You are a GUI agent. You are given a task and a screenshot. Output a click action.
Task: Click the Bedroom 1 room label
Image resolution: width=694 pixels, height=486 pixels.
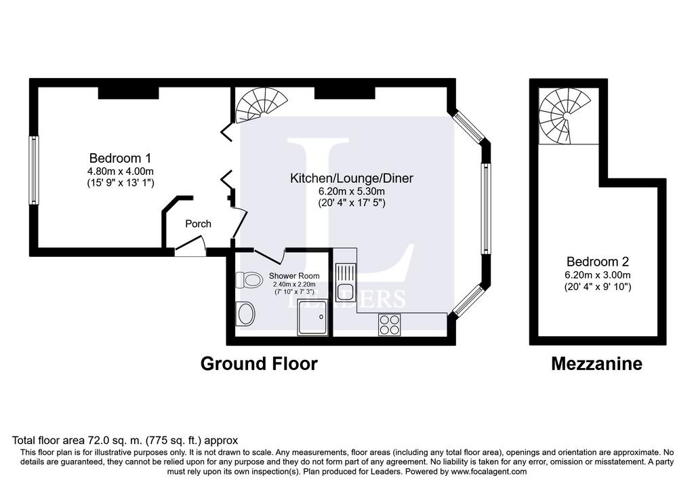pyautogui.click(x=120, y=158)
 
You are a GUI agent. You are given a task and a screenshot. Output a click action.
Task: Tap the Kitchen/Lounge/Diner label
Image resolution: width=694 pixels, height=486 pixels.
pyautogui.click(x=352, y=178)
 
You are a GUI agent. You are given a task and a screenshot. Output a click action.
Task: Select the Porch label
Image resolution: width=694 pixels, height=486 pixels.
pyautogui.click(x=198, y=224)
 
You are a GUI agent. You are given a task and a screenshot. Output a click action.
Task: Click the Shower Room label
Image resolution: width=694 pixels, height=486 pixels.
pyautogui.click(x=294, y=276)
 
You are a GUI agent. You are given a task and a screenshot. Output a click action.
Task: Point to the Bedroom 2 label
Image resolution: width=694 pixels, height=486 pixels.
pyautogui.click(x=598, y=262)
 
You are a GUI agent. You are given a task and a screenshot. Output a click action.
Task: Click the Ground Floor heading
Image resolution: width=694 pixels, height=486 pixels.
pyautogui.click(x=259, y=364)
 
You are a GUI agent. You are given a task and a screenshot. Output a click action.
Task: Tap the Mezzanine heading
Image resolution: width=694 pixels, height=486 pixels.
pyautogui.click(x=596, y=364)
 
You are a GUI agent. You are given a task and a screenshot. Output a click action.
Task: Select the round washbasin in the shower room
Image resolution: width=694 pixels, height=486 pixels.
pyautogui.click(x=246, y=315)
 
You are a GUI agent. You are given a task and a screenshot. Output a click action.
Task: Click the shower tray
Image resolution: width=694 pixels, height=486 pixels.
pyautogui.click(x=313, y=317)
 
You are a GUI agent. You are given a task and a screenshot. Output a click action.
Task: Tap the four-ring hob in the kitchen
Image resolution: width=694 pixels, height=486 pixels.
pyautogui.click(x=390, y=325)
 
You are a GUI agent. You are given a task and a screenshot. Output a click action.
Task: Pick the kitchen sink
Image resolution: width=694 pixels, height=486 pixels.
pyautogui.click(x=346, y=283)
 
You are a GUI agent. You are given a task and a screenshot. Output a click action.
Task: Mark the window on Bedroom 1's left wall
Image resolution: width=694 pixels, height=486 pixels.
pyautogui.click(x=34, y=170)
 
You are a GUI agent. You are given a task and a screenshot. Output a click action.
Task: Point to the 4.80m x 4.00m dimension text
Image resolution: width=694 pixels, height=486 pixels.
pyautogui.click(x=121, y=171)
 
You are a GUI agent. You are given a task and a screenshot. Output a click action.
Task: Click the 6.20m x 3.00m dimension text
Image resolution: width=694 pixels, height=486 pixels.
pyautogui.click(x=598, y=275)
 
